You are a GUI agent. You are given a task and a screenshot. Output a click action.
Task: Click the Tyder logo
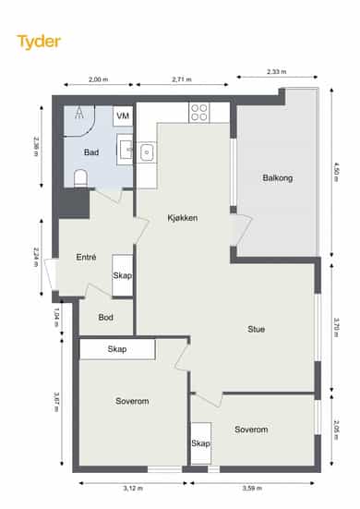39,42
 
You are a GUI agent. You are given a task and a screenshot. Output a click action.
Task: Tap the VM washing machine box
123,115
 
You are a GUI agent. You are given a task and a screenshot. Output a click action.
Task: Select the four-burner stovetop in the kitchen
199,113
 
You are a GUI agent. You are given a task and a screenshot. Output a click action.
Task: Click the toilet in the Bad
80,178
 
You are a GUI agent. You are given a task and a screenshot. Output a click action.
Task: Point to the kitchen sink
147,152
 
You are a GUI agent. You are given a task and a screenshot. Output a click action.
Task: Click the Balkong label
278,178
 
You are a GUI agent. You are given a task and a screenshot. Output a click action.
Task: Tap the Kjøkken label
183,217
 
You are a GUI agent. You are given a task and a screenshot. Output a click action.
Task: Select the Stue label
257,329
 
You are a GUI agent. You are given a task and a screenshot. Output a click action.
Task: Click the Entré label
86,257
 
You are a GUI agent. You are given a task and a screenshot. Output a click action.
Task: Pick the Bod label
106,317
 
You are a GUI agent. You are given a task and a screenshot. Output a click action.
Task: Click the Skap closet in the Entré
122,275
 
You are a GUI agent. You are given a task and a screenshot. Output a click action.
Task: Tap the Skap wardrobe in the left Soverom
117,349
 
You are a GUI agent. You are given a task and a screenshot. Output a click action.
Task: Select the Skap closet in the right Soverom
200,443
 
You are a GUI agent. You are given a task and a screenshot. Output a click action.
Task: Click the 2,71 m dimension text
182,79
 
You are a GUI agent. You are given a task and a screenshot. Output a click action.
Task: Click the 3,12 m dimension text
133,488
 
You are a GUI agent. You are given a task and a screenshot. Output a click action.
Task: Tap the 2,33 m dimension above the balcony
277,71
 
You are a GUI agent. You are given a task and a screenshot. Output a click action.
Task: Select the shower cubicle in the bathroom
79,121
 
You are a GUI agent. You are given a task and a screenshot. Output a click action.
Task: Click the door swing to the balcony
242,229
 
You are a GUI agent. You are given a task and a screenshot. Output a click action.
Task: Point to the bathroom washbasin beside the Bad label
126,150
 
